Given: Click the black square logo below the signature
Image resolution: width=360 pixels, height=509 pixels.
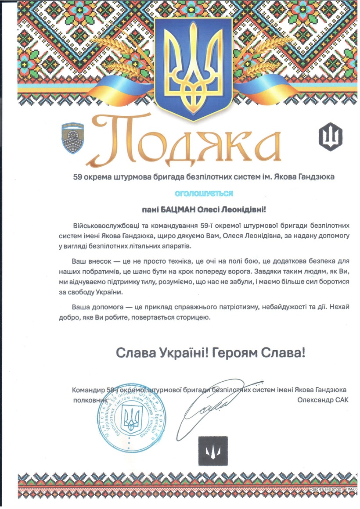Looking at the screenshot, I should click(x=213, y=451).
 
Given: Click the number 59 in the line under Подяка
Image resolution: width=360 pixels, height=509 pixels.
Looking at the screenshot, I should click(x=78, y=177).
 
